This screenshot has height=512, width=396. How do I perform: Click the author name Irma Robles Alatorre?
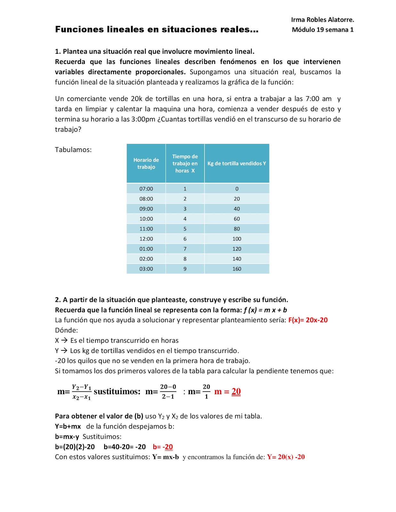[322, 20]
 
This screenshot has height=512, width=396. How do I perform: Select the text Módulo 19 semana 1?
[322, 30]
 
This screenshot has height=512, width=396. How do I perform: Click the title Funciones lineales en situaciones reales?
[157, 29]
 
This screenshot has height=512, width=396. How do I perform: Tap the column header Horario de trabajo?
[146, 163]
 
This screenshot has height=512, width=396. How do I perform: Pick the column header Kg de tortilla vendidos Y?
[237, 163]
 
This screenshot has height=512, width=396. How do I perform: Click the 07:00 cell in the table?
[146, 189]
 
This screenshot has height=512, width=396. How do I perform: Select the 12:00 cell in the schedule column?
[146, 239]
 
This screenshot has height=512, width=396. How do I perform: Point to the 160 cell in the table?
[237, 269]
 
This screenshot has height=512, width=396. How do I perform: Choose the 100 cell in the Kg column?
[237, 239]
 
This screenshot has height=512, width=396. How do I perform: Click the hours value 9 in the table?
[185, 269]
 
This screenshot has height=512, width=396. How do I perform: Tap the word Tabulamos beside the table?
[73, 150]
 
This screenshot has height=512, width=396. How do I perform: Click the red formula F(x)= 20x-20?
[308, 320]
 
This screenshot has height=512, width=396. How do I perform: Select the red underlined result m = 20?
[227, 392]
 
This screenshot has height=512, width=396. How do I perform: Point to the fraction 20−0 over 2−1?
[168, 392]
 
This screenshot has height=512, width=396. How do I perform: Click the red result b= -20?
[163, 447]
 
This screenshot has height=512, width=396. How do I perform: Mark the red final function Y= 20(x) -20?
[286, 457]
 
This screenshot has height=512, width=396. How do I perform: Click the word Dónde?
[66, 330]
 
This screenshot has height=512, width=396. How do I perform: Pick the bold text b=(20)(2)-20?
[75, 447]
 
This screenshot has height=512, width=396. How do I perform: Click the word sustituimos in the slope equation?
[117, 392]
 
